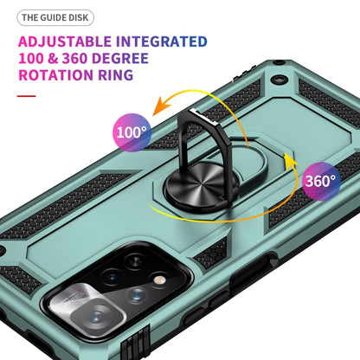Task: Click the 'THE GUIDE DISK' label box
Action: point(55,17)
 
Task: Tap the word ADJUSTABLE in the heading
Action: point(65,42)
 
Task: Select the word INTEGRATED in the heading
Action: point(162,42)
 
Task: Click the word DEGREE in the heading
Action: point(120,59)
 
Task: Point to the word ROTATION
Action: point(56,75)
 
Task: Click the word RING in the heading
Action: point(116,75)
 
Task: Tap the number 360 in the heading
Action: point(74,59)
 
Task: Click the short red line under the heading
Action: point(26,96)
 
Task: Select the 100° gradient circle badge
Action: point(132,132)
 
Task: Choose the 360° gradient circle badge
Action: point(321,181)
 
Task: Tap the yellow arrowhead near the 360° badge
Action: point(290,159)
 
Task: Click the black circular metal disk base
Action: point(202,184)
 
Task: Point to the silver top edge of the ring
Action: point(204,117)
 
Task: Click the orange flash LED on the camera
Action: point(158,280)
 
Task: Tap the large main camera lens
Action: point(96,317)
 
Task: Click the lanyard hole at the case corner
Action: point(279,80)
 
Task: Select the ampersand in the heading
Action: point(53,59)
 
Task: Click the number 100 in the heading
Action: point(31,59)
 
